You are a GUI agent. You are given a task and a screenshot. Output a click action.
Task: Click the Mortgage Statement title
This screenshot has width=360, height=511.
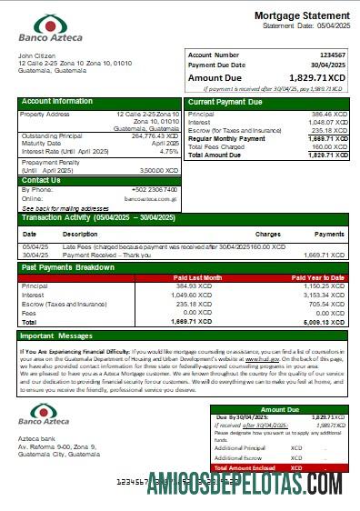[x=301, y=16]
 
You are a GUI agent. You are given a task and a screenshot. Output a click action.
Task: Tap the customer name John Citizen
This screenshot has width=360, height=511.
[x=37, y=56]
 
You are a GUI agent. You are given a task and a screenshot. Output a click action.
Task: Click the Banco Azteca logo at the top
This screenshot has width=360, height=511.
[x=51, y=27]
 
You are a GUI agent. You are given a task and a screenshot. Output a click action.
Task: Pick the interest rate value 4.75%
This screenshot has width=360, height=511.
[x=169, y=151]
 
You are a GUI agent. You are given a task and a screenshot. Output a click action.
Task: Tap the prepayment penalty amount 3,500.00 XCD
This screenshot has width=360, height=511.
[x=159, y=170]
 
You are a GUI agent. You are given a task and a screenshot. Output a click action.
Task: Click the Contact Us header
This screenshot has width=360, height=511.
[x=41, y=180]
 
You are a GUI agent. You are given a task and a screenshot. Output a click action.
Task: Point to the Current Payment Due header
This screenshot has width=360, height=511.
[x=225, y=102]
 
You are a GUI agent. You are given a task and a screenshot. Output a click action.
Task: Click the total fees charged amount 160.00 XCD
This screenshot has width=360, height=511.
[x=330, y=146]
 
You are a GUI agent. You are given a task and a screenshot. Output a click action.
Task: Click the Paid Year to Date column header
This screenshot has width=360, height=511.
[x=317, y=277]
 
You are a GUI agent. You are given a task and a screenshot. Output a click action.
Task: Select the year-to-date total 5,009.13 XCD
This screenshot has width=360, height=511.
[x=325, y=322]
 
